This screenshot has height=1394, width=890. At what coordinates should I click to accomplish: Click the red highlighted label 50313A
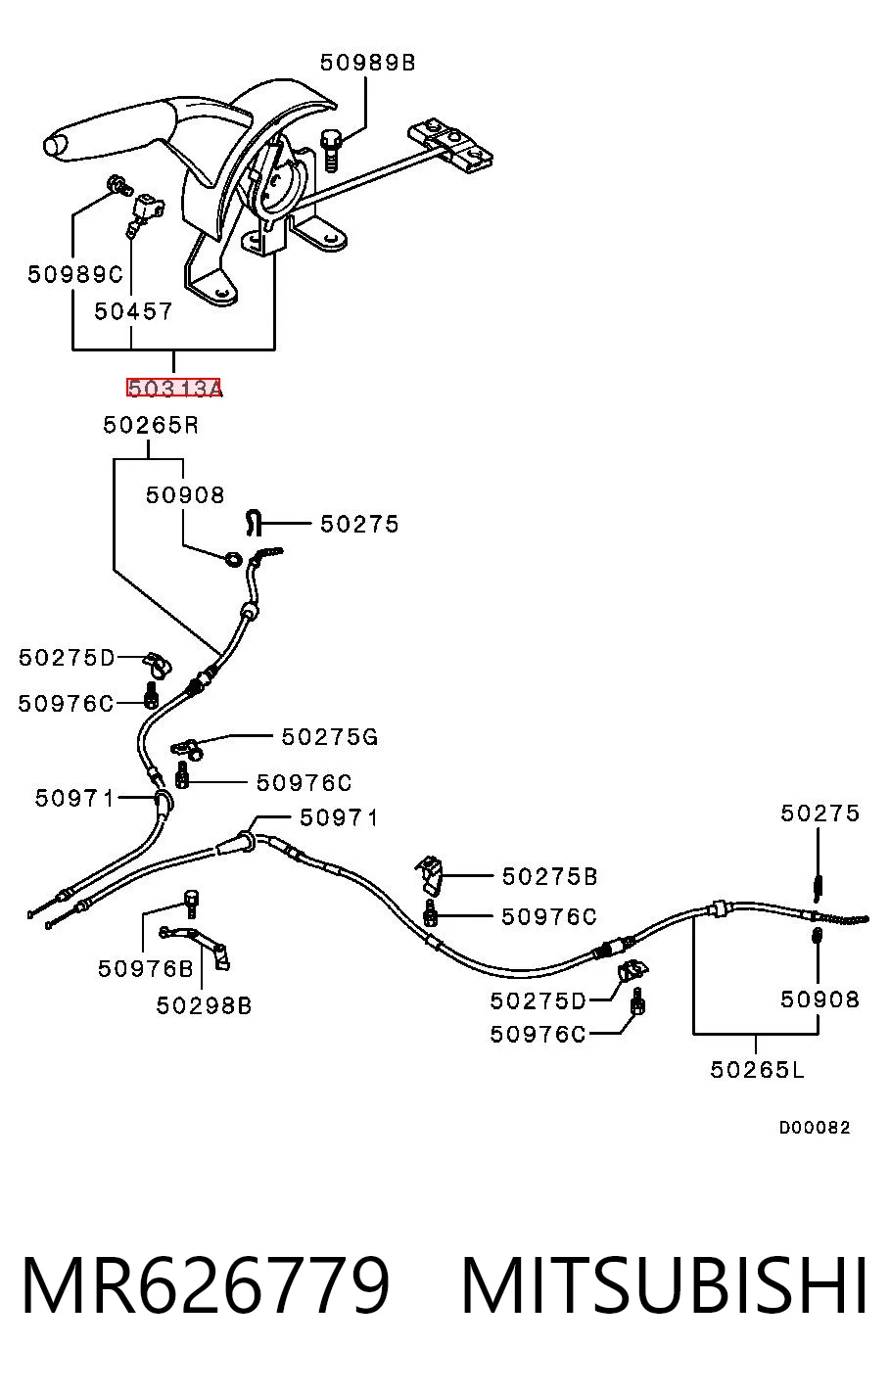[173, 389]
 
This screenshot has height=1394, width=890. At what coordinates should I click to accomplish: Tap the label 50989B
[368, 63]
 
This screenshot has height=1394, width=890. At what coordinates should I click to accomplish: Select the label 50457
[133, 311]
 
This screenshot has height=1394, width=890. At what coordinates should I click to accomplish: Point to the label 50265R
[151, 425]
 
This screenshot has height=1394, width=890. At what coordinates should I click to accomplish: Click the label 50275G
[330, 737]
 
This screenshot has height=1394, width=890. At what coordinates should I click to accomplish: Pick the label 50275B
[549, 876]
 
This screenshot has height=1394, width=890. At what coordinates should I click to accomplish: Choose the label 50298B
[204, 1005]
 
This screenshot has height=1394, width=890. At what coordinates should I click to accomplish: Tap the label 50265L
[758, 1070]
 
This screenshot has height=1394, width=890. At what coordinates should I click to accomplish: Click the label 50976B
[146, 968]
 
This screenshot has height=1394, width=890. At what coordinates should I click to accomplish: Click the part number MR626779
[206, 1285]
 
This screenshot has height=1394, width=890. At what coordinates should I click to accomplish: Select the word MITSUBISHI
[664, 1285]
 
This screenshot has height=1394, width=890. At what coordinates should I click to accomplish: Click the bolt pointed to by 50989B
[331, 150]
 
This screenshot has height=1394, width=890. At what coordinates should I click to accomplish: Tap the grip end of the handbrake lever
[55, 146]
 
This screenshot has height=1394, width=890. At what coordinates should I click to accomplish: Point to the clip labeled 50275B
[431, 874]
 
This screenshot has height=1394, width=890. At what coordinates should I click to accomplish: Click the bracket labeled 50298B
[196, 947]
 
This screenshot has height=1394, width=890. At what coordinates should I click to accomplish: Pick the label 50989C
[75, 274]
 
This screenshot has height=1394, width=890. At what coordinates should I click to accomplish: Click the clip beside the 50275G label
[187, 749]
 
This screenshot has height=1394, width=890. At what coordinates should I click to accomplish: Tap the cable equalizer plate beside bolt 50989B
[450, 146]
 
